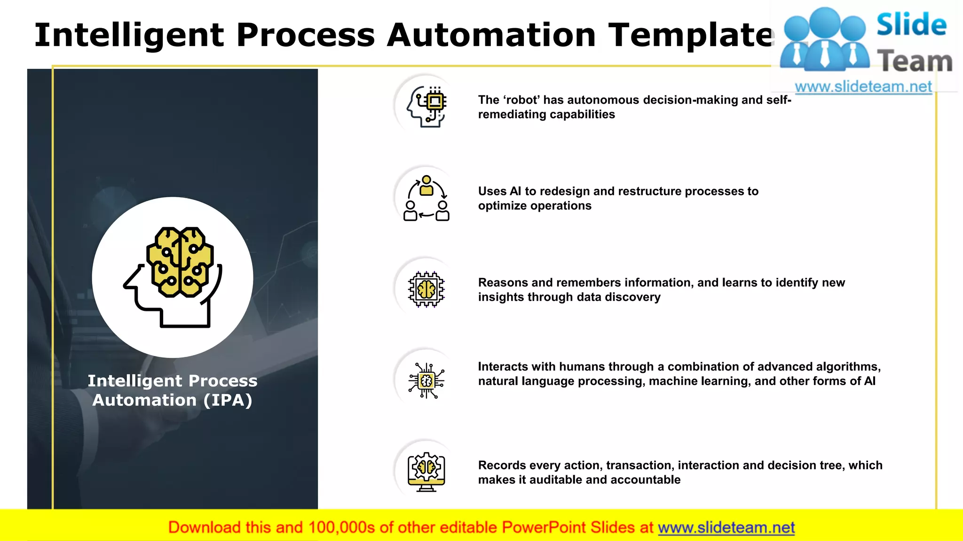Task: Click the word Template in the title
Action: click(x=691, y=35)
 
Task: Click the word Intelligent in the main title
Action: click(x=129, y=35)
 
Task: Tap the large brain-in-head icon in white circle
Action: click(x=173, y=277)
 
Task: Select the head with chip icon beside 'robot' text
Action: click(x=426, y=106)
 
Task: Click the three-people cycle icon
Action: click(x=426, y=198)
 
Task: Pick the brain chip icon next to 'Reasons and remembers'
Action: click(x=426, y=289)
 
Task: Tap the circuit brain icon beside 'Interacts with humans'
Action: click(x=426, y=380)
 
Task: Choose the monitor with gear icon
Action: click(x=426, y=471)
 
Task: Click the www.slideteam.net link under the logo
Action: click(x=863, y=87)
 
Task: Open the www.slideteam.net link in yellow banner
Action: click(x=726, y=527)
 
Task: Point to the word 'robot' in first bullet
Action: click(x=521, y=100)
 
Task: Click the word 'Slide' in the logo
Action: click(x=911, y=24)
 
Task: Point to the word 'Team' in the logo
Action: click(x=915, y=61)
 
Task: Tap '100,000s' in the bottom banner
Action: click(x=341, y=527)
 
